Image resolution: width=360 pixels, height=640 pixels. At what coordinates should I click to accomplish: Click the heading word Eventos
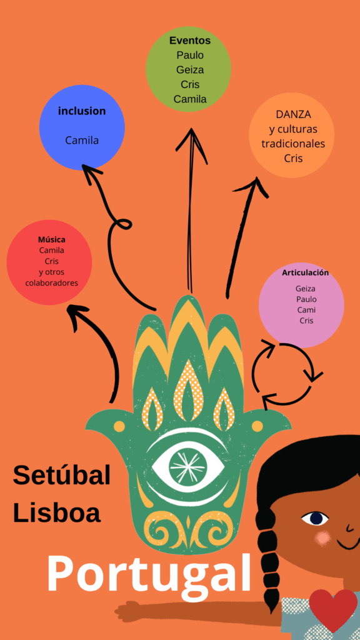pyautogui.click(x=190, y=41)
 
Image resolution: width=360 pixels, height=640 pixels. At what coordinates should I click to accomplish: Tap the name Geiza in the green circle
pyautogui.click(x=190, y=70)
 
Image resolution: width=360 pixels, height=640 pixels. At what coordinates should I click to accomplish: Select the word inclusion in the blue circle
pyautogui.click(x=82, y=111)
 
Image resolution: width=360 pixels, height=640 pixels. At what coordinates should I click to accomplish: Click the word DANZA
pyautogui.click(x=294, y=114)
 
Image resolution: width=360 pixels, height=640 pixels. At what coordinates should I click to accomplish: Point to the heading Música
pyautogui.click(x=51, y=239)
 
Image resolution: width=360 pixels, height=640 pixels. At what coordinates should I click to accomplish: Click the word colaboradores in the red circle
pyautogui.click(x=51, y=282)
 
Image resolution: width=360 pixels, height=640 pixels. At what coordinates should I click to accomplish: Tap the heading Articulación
pyautogui.click(x=305, y=272)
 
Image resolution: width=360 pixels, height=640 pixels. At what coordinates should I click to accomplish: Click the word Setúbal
pyautogui.click(x=62, y=475)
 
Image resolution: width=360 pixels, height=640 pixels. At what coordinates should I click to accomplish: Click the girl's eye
pyautogui.click(x=316, y=518)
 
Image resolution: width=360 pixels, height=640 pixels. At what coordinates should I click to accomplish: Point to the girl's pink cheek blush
pyautogui.click(x=323, y=537)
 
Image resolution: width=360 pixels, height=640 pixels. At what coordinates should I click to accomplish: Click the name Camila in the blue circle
pyautogui.click(x=82, y=141)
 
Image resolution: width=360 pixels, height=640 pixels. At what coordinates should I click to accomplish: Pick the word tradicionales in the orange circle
pyautogui.click(x=294, y=144)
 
